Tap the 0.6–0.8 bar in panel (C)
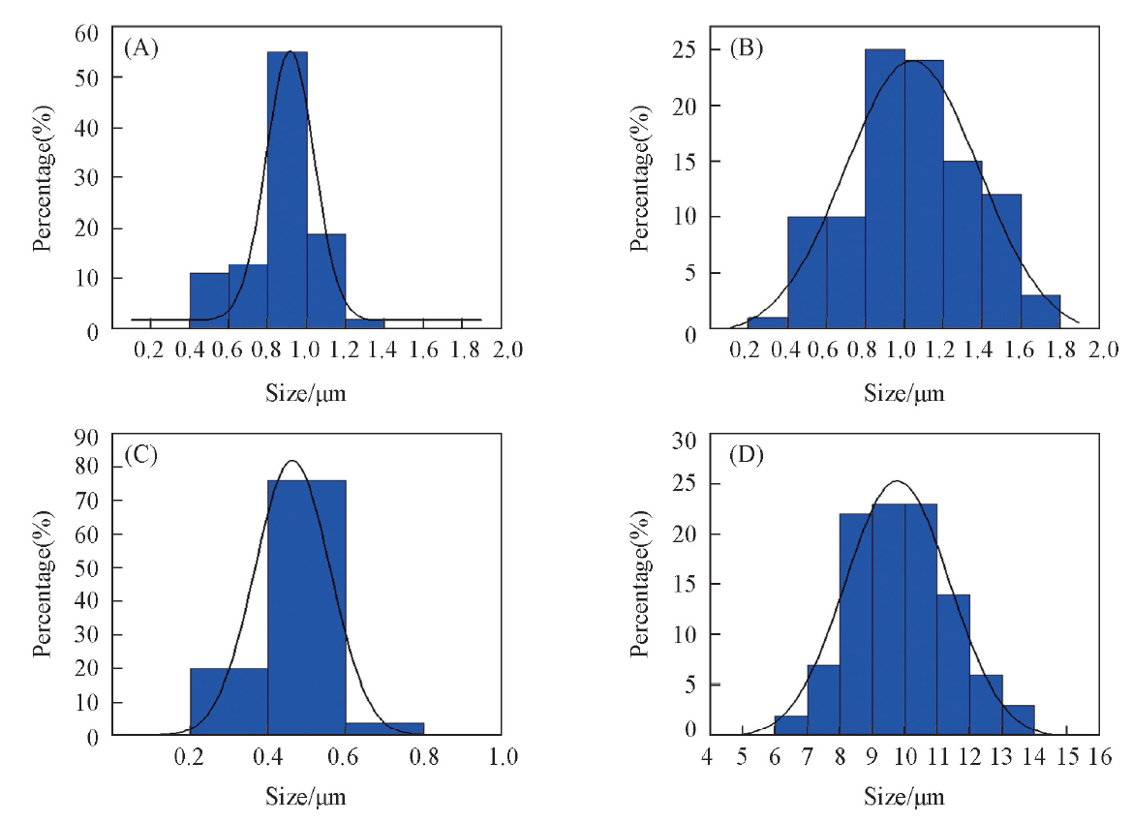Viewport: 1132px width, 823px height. click(x=384, y=729)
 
